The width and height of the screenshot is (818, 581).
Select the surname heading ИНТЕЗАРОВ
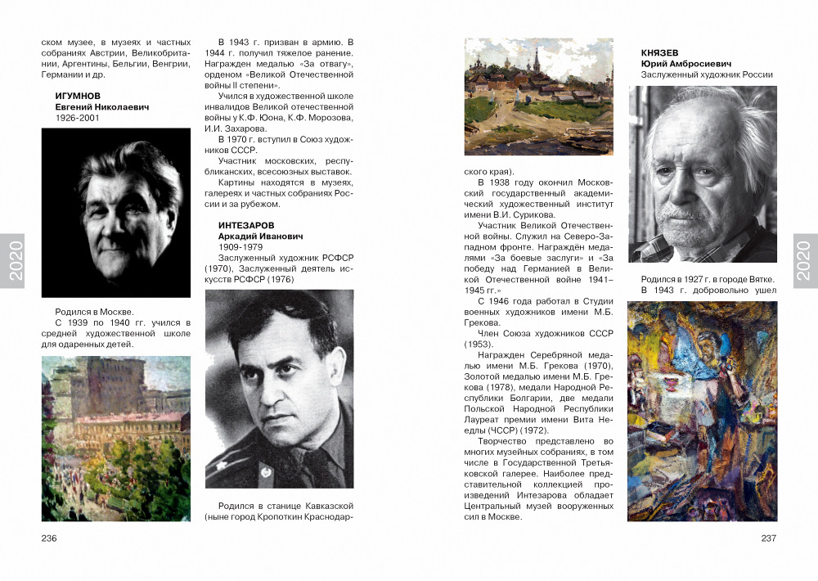[x=246, y=225]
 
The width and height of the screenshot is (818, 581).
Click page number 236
[x=49, y=538]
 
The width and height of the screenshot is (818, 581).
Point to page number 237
[x=768, y=538]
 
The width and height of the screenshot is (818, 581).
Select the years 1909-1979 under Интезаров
[x=240, y=246]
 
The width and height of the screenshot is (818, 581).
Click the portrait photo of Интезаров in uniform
[x=279, y=389]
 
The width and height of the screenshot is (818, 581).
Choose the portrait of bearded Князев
[x=703, y=174]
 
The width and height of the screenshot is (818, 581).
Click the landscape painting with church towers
[x=538, y=97]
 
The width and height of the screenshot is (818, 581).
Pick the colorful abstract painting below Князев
[x=702, y=411]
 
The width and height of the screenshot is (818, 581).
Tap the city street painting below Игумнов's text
[x=116, y=439]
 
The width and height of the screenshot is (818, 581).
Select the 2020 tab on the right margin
[x=803, y=261]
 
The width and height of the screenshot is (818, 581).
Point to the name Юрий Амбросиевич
[x=685, y=64]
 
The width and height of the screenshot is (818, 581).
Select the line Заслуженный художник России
[x=707, y=74]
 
